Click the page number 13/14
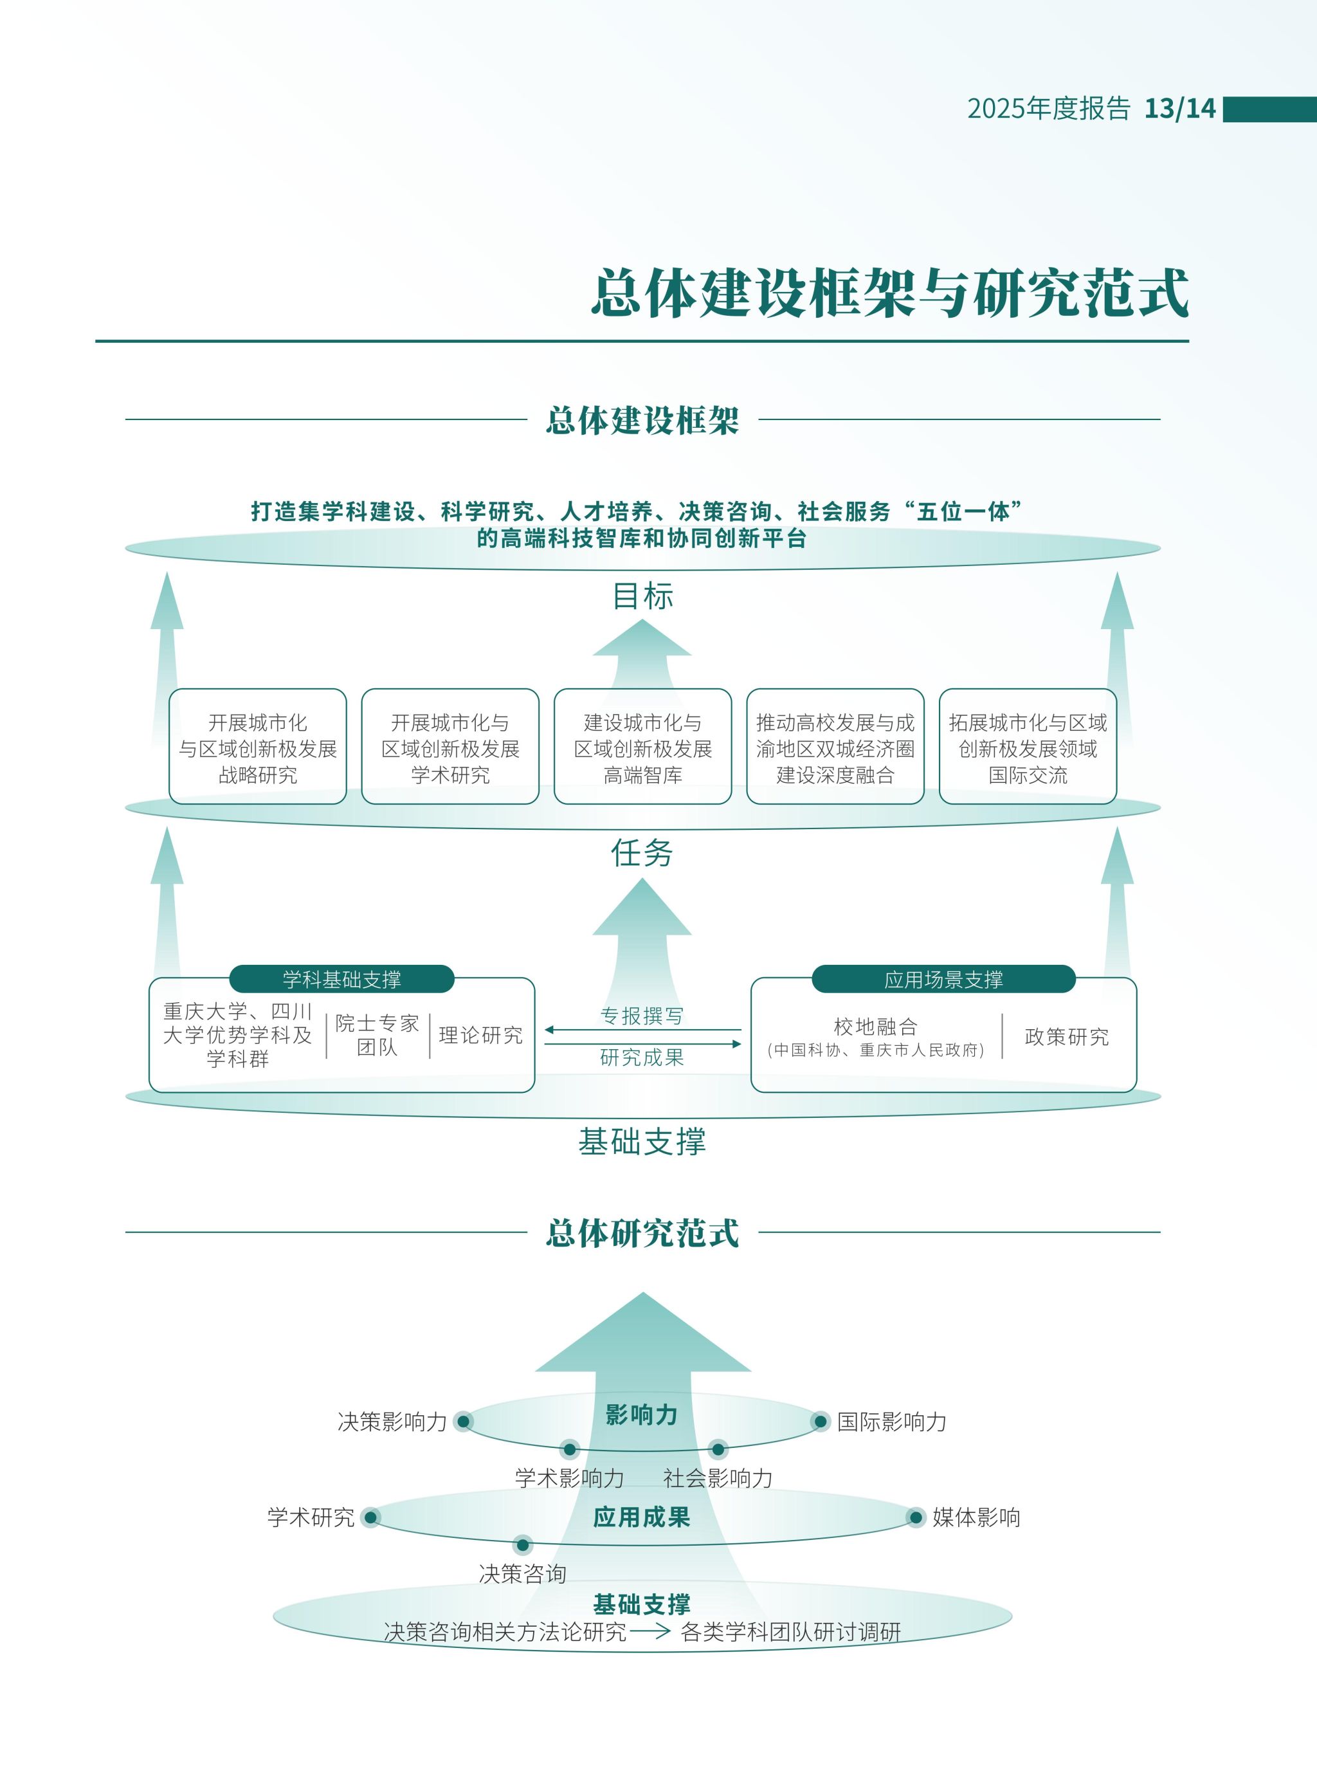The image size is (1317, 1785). click(1179, 109)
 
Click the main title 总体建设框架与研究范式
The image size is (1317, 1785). click(889, 293)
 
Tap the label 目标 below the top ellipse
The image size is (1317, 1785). click(642, 596)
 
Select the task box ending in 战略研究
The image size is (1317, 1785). click(257, 747)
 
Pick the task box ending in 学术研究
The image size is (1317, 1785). click(450, 747)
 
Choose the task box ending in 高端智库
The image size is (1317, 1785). click(642, 747)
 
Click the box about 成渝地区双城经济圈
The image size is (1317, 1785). click(835, 747)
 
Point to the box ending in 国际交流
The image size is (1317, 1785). click(1028, 747)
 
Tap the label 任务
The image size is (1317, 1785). click(642, 853)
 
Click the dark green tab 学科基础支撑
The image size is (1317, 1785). click(341, 979)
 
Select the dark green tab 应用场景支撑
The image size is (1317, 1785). click(943, 979)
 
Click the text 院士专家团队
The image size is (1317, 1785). click(377, 1035)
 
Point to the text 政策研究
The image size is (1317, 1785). click(1067, 1036)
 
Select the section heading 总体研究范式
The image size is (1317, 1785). click(642, 1232)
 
